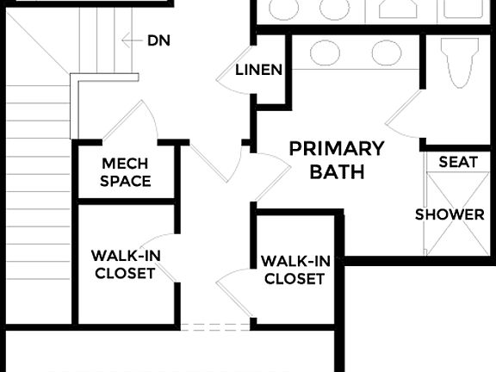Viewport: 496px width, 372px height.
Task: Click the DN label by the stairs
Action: click(158, 40)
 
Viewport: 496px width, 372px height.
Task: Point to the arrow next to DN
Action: click(130, 40)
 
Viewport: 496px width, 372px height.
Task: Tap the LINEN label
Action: click(258, 70)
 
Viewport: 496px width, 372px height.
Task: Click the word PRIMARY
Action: click(336, 147)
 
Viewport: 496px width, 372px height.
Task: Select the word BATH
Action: click(338, 171)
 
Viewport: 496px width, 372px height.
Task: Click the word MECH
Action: click(125, 164)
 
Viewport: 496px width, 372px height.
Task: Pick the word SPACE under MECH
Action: click(125, 181)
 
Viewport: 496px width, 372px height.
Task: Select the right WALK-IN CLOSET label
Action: click(294, 270)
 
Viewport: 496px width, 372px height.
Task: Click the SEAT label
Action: click(457, 162)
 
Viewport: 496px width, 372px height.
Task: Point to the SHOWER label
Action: click(449, 214)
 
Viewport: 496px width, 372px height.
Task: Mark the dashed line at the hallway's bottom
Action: click(215, 327)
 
